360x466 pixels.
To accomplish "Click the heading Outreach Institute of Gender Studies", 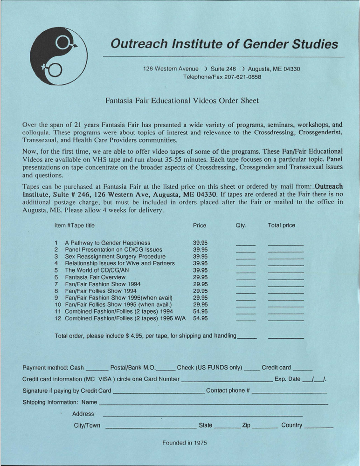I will click(224, 44).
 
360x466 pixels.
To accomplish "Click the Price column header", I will click(200, 225).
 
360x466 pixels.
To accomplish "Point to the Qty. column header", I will click(242, 225).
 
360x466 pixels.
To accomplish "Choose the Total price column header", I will click(281, 225).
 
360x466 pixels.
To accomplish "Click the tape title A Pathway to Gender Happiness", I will click(107, 243).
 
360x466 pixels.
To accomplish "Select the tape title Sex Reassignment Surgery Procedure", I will click(115, 256).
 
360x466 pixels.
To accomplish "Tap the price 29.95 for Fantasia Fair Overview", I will click(200, 277).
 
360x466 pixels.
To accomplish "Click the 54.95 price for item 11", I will click(200, 311).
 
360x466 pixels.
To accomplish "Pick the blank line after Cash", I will click(97, 369).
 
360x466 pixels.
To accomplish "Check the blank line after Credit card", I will click(304, 369).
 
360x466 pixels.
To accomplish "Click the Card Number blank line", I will click(226, 380).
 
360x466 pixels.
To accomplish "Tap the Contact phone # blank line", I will click(289, 392).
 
